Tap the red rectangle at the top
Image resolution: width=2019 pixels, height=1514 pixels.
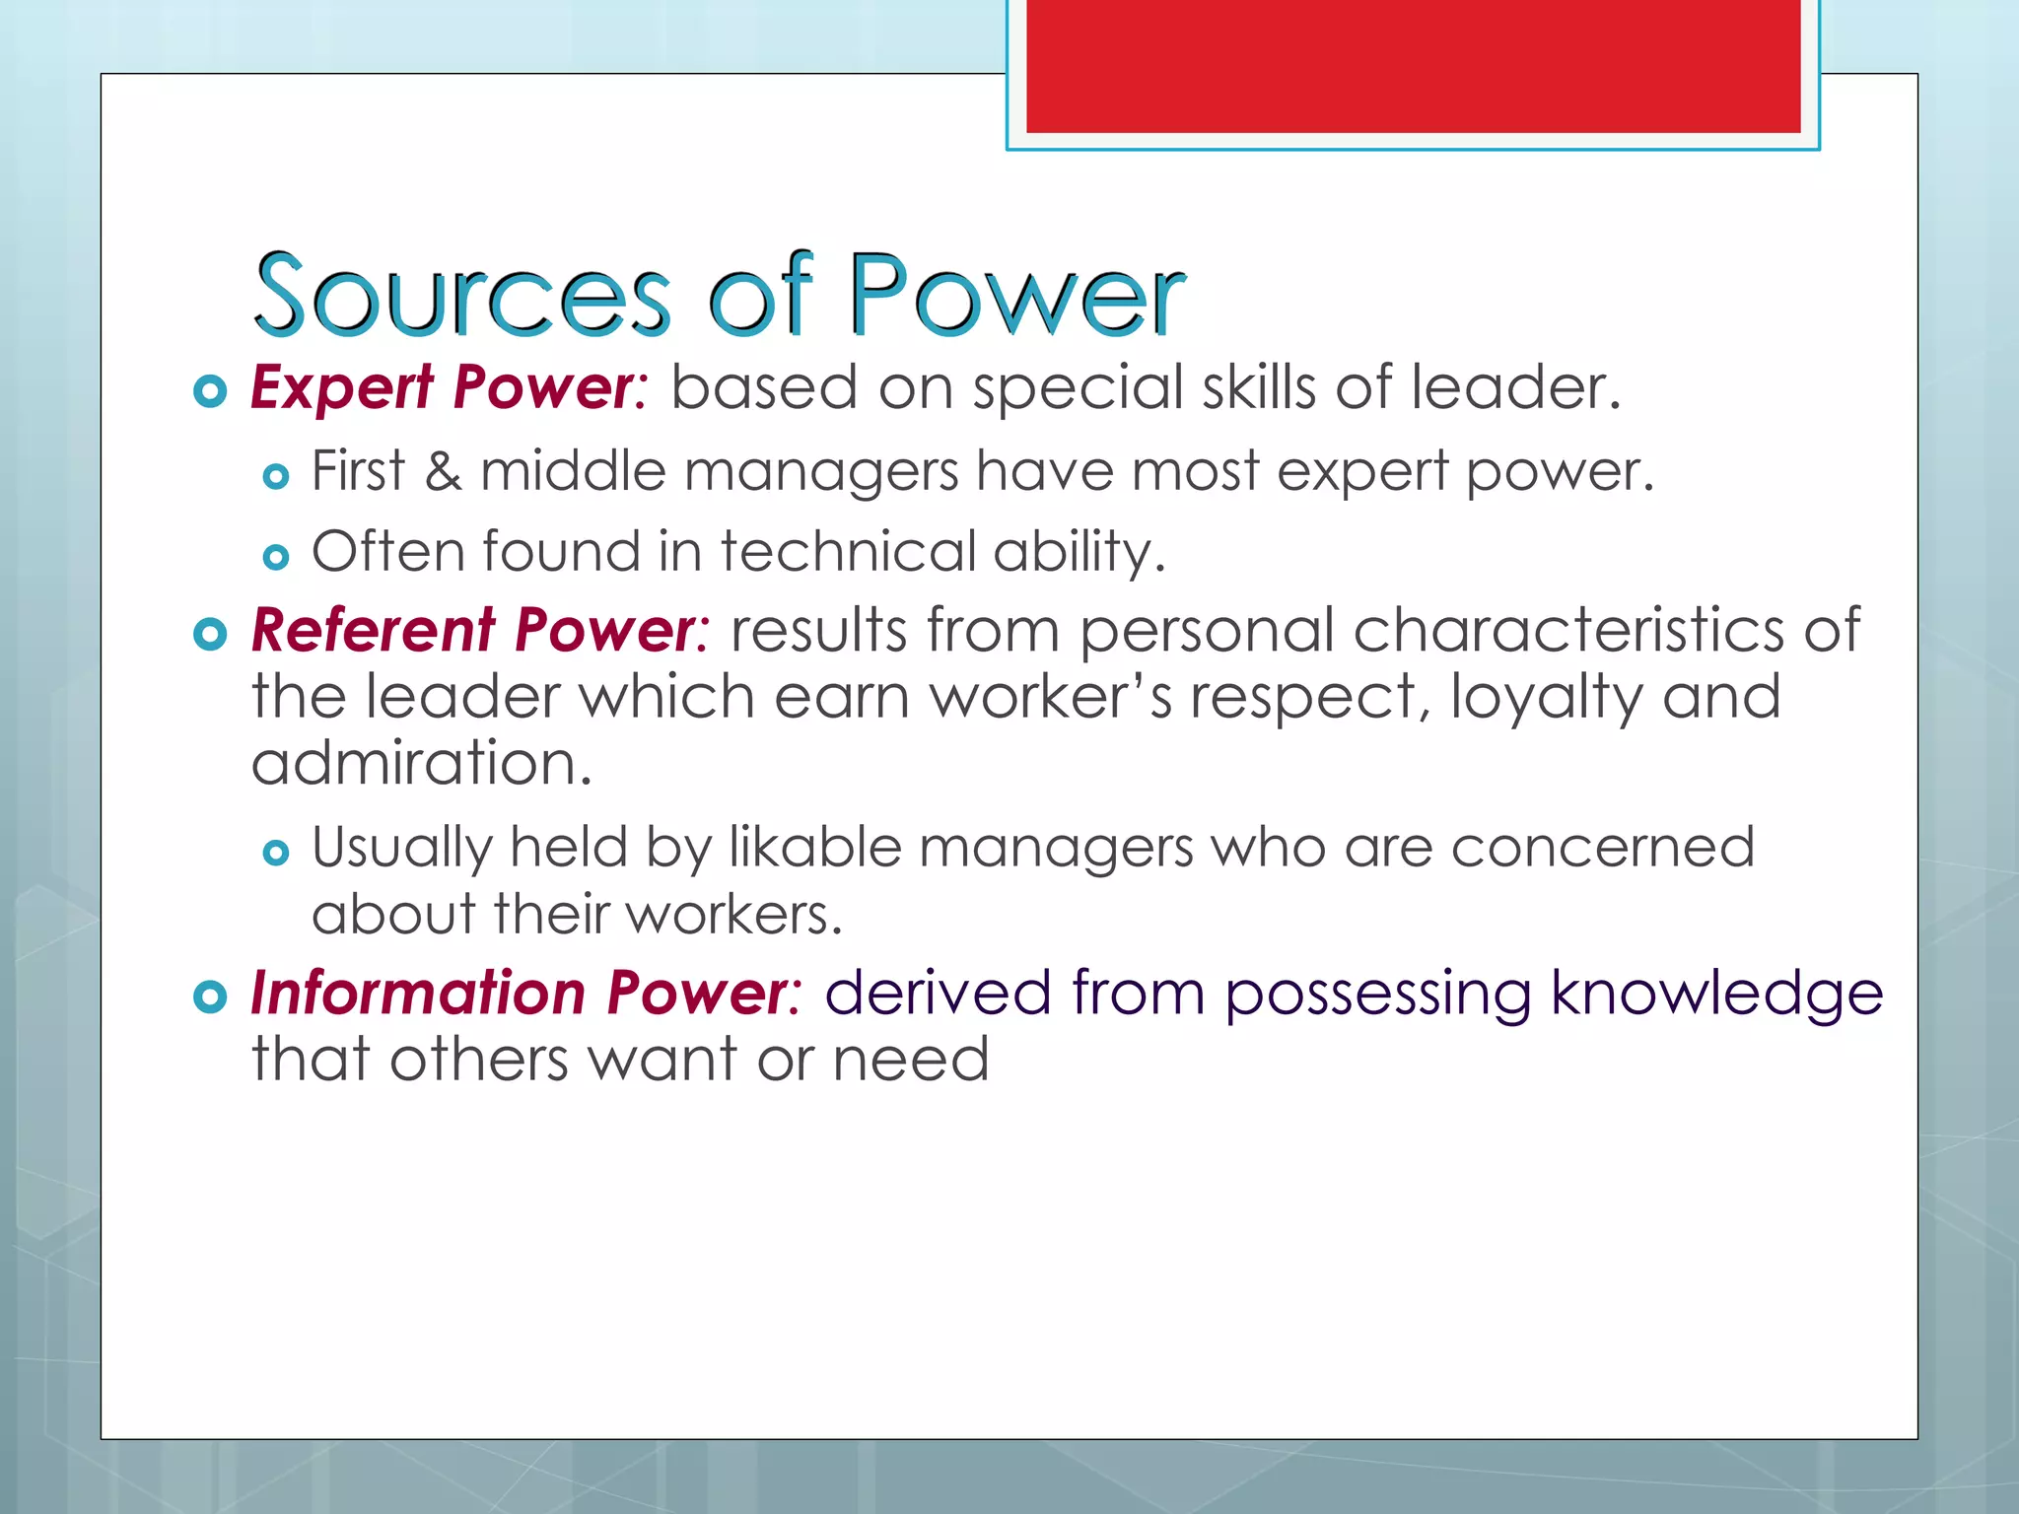(x=1413, y=65)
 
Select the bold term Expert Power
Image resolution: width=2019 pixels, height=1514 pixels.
(x=446, y=387)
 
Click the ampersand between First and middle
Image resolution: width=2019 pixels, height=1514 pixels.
(x=442, y=471)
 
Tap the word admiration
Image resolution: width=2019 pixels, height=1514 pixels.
(x=421, y=764)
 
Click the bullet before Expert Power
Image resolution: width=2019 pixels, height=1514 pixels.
(x=210, y=391)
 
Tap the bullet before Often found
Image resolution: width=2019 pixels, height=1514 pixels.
(x=276, y=558)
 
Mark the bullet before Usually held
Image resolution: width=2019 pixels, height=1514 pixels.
(x=276, y=853)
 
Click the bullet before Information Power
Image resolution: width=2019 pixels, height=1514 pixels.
(x=210, y=997)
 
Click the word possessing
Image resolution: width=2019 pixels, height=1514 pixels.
(x=1377, y=993)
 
